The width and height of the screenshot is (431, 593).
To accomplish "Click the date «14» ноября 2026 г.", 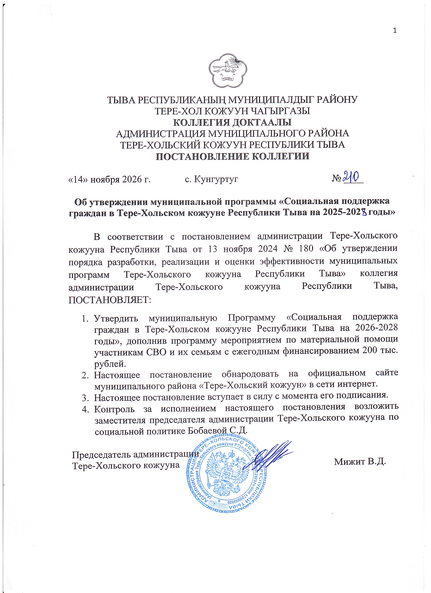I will coord(109,179).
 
